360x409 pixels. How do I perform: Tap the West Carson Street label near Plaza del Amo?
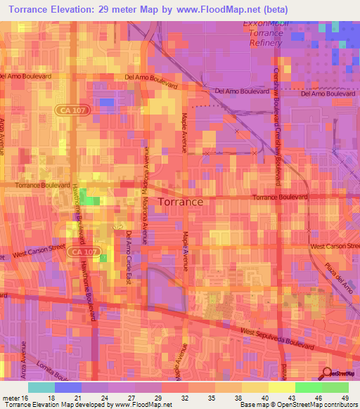[335, 247]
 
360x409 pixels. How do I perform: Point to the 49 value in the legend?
[345, 397]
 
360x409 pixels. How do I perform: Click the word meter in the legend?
[10, 397]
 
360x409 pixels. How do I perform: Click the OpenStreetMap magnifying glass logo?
[328, 373]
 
